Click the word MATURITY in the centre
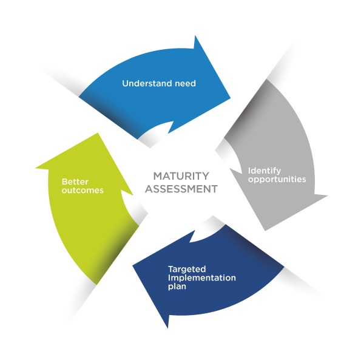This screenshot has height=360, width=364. pyautogui.click(x=181, y=176)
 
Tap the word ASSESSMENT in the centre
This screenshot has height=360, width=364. pyautogui.click(x=181, y=189)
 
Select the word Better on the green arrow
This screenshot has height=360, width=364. pyautogui.click(x=74, y=180)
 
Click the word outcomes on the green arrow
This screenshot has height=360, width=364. pyautogui.click(x=82, y=190)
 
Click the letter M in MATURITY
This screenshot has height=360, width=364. pyautogui.click(x=157, y=176)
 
